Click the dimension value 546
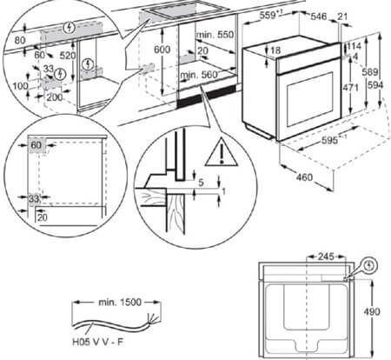[319, 17]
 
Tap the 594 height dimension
[375, 85]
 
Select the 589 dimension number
[370, 72]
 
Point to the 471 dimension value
[351, 87]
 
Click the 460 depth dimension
[304, 177]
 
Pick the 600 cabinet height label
[162, 50]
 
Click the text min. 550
[215, 35]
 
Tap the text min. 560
[199, 76]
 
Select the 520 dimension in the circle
[68, 56]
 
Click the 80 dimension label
[20, 40]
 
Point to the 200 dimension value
[55, 97]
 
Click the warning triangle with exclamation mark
[222, 152]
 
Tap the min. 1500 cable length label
[120, 303]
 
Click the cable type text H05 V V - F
[97, 342]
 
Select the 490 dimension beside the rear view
[372, 311]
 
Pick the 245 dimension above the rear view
[326, 257]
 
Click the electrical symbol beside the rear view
[369, 266]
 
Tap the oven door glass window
[309, 99]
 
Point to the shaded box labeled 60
[36, 145]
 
